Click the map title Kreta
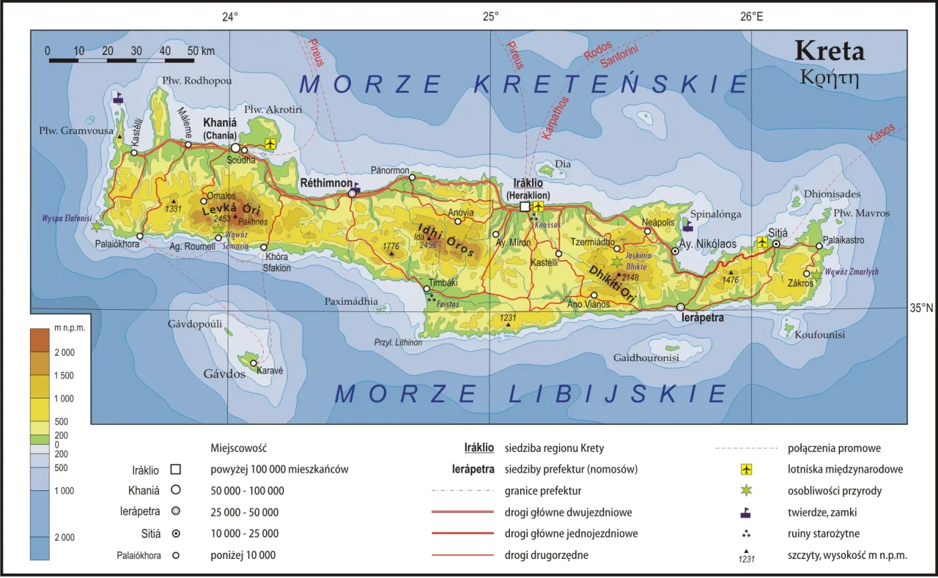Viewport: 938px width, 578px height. tap(830, 51)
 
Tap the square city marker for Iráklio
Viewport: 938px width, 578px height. tap(525, 207)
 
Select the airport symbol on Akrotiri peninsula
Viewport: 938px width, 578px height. tap(272, 143)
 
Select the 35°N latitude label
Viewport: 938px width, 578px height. tap(921, 308)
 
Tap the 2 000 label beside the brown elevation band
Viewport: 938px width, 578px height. tap(64, 352)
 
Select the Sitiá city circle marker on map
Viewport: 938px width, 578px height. tap(777, 242)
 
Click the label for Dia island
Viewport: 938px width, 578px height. tap(563, 164)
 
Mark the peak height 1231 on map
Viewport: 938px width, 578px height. tap(508, 318)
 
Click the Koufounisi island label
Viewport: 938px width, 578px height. tap(819, 335)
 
